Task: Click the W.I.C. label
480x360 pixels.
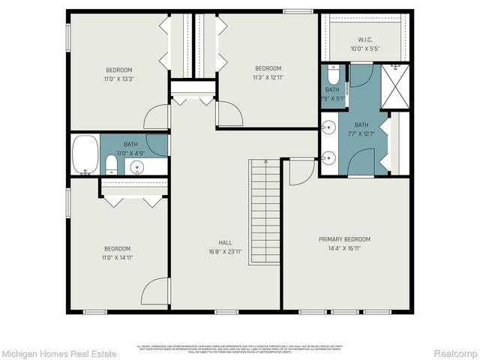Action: coord(365,40)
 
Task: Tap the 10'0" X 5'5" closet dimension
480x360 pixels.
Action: coord(365,49)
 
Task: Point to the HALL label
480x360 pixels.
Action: coord(225,242)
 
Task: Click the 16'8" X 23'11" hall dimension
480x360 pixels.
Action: coord(225,251)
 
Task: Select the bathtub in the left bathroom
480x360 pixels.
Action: coord(85,154)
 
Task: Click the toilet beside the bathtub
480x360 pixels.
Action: coord(111,164)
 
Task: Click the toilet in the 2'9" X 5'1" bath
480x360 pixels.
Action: coord(334,75)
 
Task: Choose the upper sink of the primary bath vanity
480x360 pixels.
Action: coord(328,128)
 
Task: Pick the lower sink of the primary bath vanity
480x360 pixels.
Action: coord(328,157)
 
